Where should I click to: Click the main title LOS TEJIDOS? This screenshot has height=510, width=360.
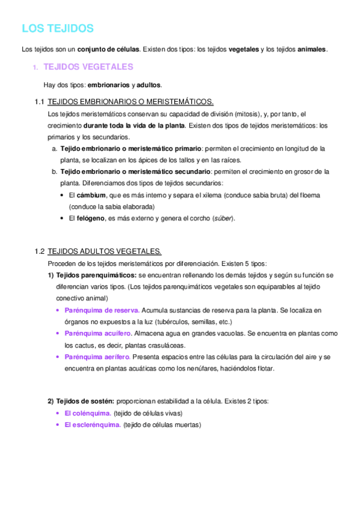click(58, 28)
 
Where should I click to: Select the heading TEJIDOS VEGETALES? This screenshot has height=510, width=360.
click(89, 67)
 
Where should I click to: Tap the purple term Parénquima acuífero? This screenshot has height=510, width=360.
click(98, 333)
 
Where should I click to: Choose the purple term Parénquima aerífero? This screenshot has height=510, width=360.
click(97, 357)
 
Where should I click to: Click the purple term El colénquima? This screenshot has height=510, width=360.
click(87, 413)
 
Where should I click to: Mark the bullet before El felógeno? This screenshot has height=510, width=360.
click(63, 218)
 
